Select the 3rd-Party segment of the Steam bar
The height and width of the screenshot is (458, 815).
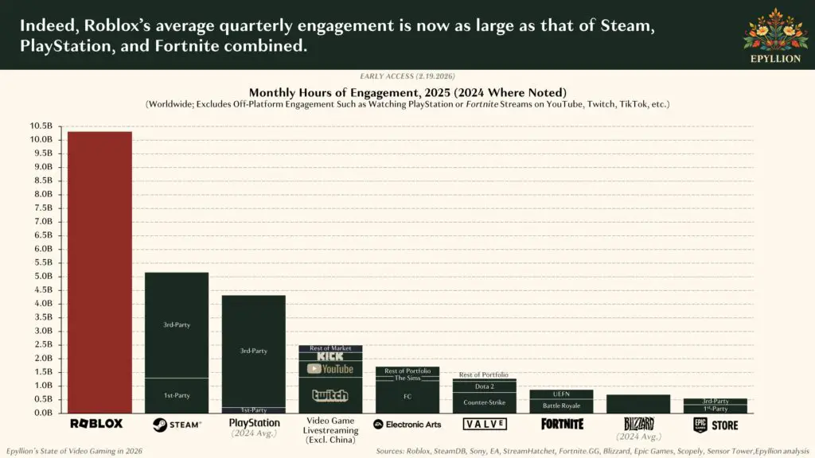click(176, 324)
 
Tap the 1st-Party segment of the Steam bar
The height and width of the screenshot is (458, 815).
click(176, 395)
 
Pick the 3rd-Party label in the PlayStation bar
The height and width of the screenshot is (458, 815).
click(253, 351)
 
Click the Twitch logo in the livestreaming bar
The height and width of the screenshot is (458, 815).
click(330, 395)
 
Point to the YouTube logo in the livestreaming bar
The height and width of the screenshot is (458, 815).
click(330, 369)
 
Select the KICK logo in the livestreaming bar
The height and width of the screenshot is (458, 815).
click(330, 356)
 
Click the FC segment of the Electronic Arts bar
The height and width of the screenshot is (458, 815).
click(407, 396)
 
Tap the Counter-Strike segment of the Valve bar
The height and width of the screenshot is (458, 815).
click(484, 402)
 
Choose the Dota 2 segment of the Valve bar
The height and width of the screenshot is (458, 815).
click(484, 386)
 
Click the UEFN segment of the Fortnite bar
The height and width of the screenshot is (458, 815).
click(560, 394)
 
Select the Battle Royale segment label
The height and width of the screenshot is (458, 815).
click(560, 406)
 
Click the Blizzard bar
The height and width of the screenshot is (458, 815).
click(638, 404)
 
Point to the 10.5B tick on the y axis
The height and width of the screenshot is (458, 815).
click(41, 126)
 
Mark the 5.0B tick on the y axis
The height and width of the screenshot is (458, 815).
click(41, 276)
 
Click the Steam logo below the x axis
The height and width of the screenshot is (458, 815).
click(176, 425)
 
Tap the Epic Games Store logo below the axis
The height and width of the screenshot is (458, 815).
click(715, 425)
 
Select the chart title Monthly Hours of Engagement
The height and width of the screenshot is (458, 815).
click(407, 92)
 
